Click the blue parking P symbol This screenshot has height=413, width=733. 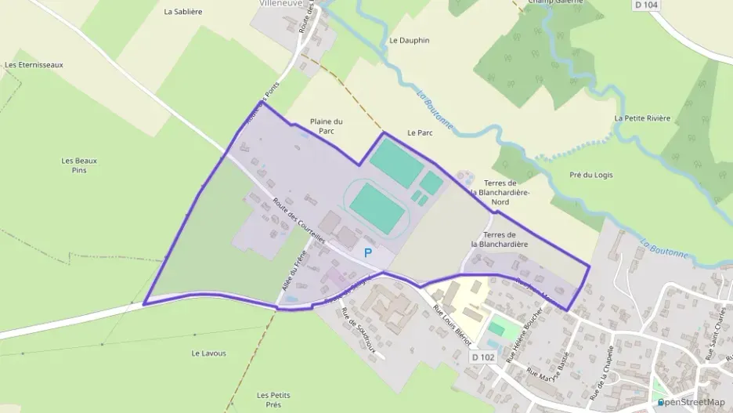367,253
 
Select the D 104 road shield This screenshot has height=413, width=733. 645,5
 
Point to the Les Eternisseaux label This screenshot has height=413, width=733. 34,65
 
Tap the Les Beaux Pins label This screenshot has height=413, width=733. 79,165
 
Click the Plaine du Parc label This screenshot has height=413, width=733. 327,126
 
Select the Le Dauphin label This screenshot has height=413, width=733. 410,40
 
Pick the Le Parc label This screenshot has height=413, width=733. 421,133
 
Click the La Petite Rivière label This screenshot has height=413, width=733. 642,118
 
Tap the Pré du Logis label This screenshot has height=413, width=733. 592,175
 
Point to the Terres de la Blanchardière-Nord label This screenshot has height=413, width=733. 500,192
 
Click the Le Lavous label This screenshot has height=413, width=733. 208,353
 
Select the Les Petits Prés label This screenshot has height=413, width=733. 273,400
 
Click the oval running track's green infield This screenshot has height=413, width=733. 376,202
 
